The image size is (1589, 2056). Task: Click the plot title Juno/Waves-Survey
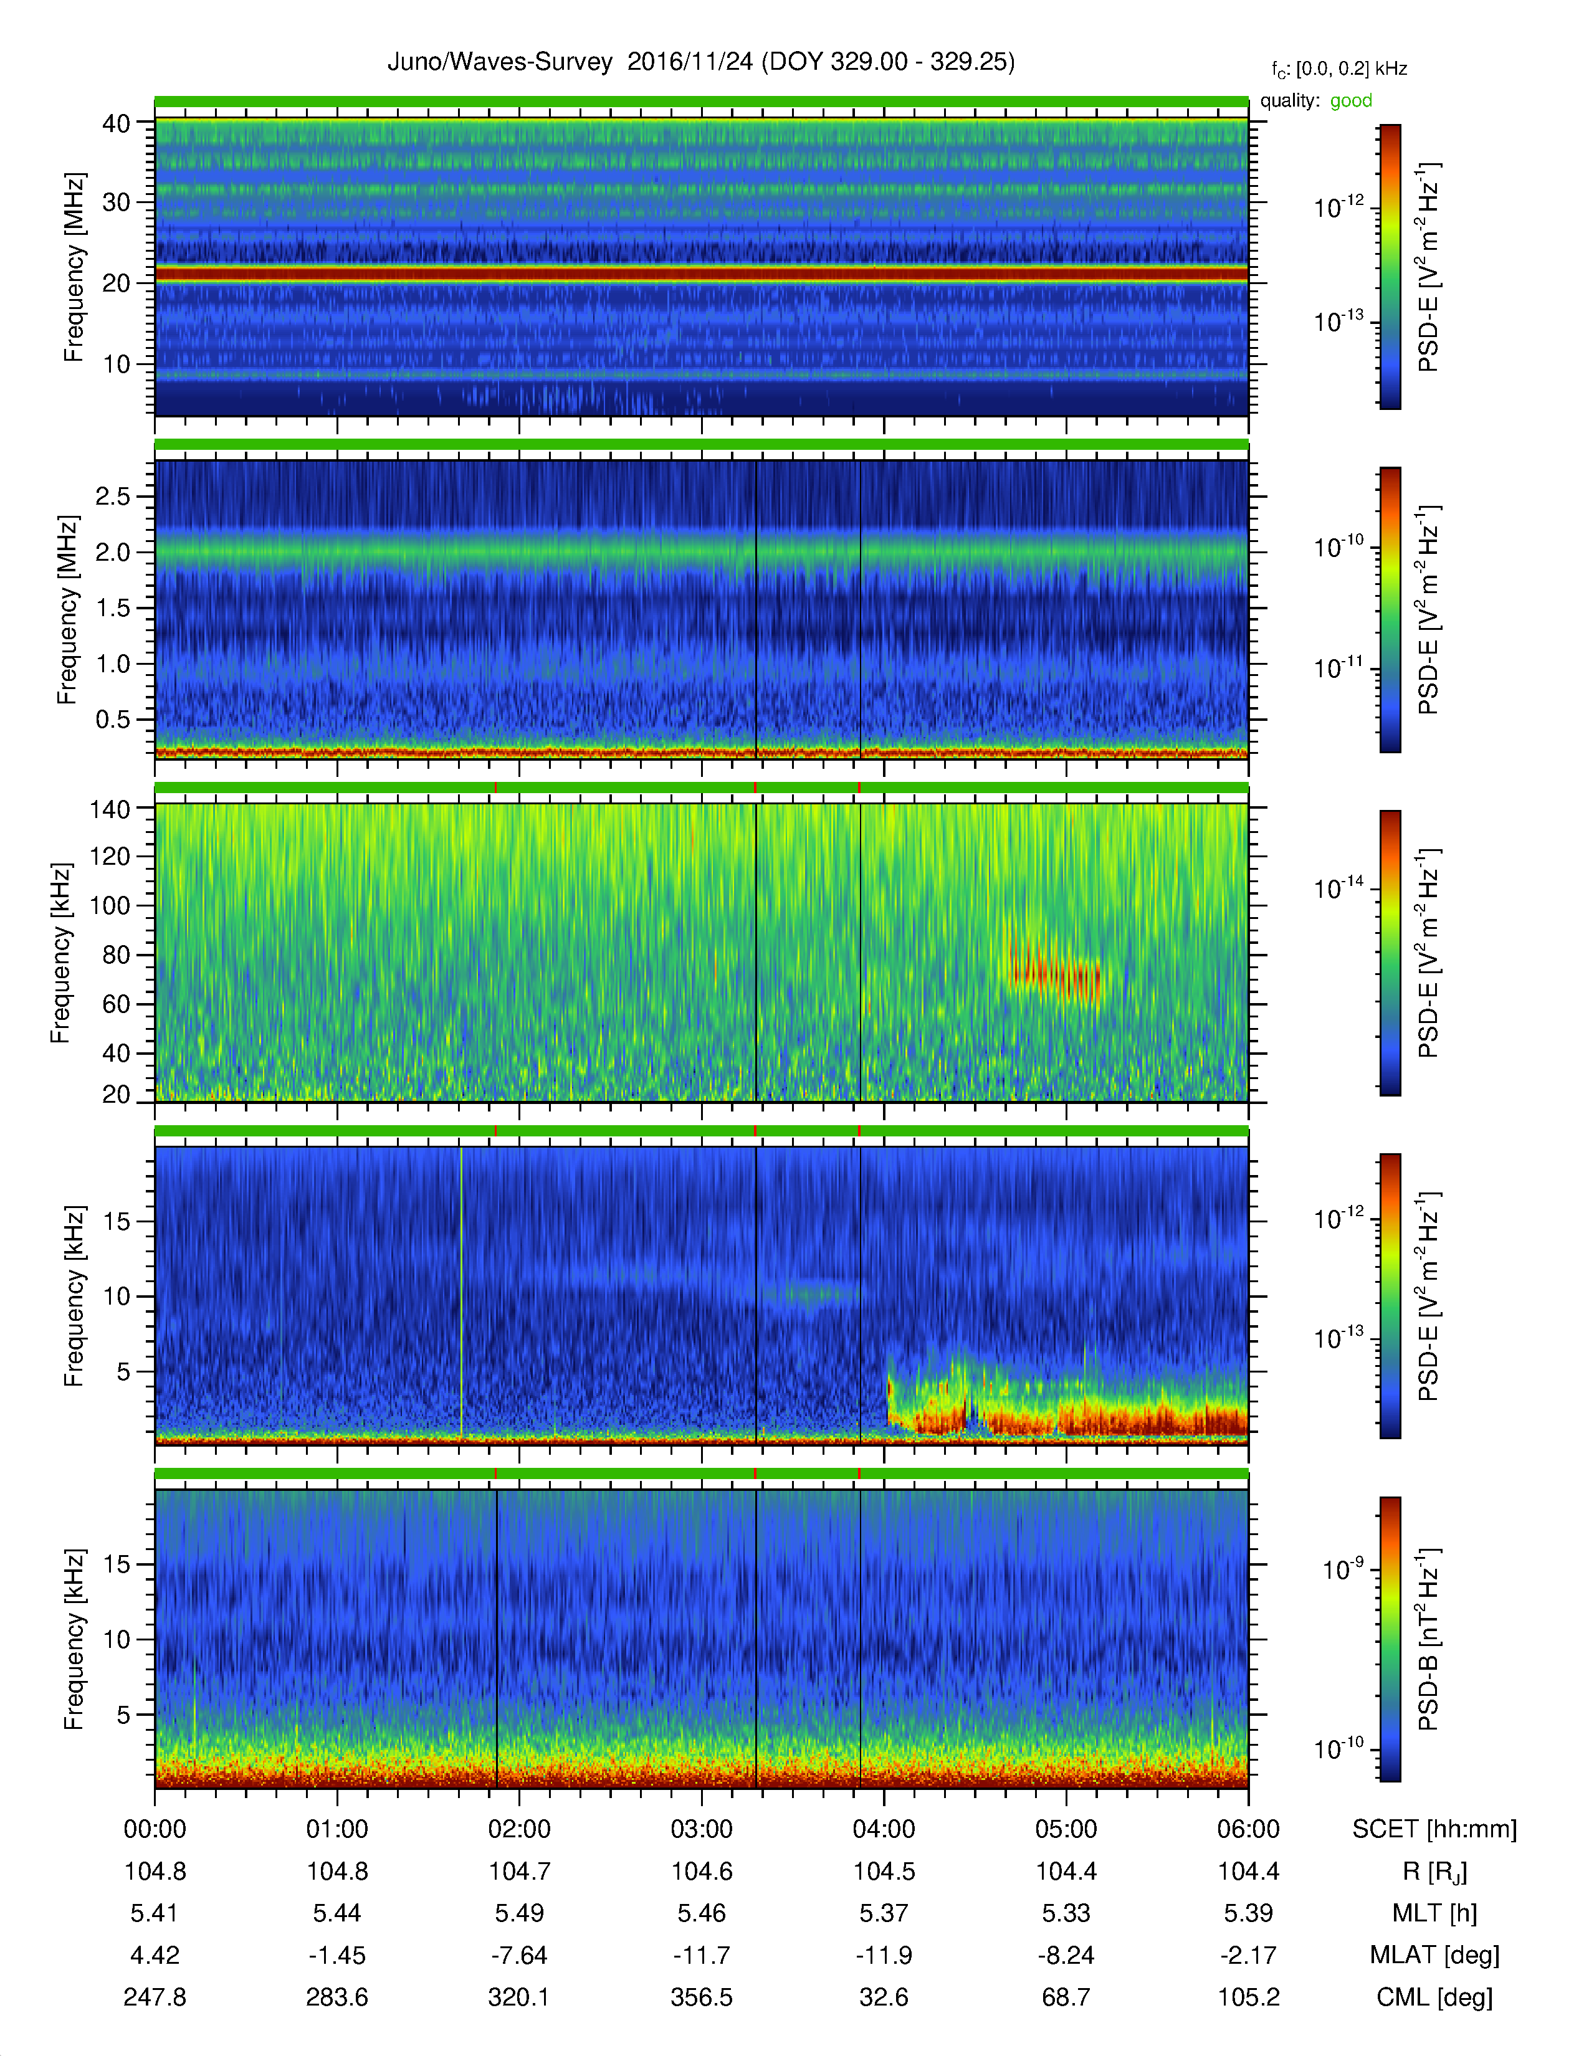pos(500,62)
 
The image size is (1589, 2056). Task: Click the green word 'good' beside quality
pos(1351,101)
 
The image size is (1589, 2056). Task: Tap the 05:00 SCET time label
pos(1066,1829)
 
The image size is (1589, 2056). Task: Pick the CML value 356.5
pos(701,1997)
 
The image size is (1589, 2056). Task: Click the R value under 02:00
pos(518,1872)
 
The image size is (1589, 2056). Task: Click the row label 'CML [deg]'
pos(1434,1997)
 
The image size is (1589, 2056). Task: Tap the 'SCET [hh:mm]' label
pos(1434,1830)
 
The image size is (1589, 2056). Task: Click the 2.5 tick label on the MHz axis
pos(113,496)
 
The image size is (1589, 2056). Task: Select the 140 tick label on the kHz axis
pos(109,809)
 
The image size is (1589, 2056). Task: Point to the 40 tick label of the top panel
pos(116,123)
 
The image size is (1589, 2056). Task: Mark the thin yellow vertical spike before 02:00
pos(461,1292)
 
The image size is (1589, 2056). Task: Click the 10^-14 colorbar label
pos(1338,888)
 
